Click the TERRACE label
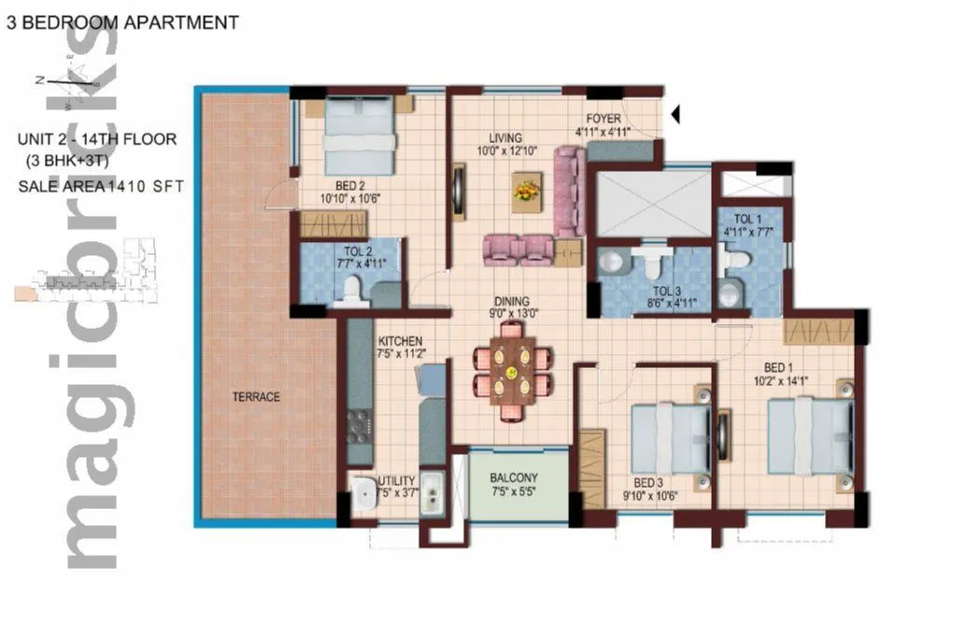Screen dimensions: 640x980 (x=256, y=397)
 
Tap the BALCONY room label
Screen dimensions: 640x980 (x=514, y=478)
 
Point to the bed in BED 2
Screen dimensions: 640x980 (x=359, y=135)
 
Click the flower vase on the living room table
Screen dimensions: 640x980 (x=527, y=191)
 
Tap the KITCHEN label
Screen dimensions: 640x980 (x=400, y=341)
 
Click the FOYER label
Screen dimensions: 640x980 (x=604, y=119)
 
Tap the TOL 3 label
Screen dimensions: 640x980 (x=666, y=291)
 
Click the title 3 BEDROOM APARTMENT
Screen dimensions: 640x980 (x=122, y=22)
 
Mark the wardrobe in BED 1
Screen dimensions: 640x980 (x=818, y=331)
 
